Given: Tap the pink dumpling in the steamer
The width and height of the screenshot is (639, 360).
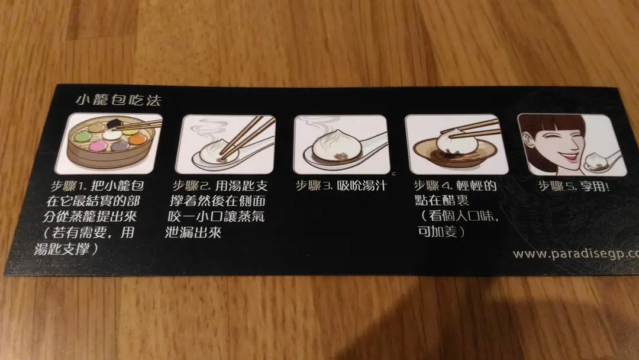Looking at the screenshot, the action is click(98, 145).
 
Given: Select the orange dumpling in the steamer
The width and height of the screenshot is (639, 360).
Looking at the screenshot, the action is click(137, 140).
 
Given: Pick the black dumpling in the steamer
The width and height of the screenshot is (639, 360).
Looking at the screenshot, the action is click(113, 123).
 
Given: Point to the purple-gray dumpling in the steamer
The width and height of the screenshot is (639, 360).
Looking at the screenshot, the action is click(120, 146).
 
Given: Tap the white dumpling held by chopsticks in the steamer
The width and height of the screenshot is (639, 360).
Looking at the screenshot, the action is click(111, 134).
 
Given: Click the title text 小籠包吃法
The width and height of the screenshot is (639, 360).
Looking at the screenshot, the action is click(118, 100).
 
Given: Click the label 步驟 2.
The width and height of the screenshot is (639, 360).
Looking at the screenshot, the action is click(191, 186).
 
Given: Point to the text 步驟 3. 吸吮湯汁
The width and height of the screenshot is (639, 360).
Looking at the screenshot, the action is click(341, 186).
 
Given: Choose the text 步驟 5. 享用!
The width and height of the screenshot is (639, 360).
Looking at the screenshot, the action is click(574, 187).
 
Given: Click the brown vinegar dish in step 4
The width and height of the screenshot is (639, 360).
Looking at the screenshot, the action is click(454, 151).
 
